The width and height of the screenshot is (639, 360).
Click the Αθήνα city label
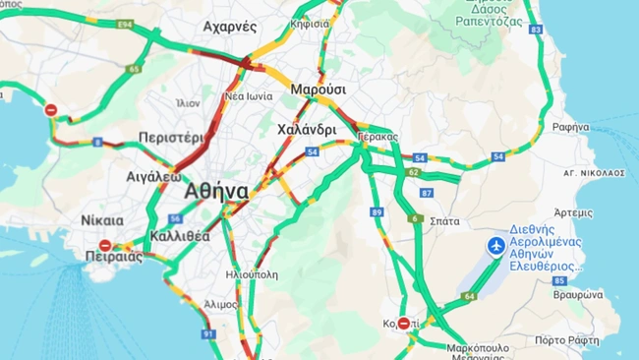point(215,191)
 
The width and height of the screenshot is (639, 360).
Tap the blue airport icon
point(496,244)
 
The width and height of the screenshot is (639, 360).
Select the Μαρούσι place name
point(318,90)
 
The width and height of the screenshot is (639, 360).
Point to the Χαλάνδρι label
point(307,129)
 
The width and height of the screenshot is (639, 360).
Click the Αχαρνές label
point(230,27)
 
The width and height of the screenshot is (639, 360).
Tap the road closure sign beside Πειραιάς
point(105,245)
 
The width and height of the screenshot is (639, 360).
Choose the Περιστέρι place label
point(170,138)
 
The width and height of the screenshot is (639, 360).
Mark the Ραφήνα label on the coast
point(570,127)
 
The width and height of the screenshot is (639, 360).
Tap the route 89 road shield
point(377,211)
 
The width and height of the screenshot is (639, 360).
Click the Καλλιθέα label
point(180,236)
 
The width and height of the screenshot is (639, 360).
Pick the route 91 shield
point(208,334)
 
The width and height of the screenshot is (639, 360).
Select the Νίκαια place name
point(102,219)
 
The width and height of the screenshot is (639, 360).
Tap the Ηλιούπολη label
point(252,274)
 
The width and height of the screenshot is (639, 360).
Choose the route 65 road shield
point(134,69)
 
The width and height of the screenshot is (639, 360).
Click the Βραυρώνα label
point(577,294)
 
